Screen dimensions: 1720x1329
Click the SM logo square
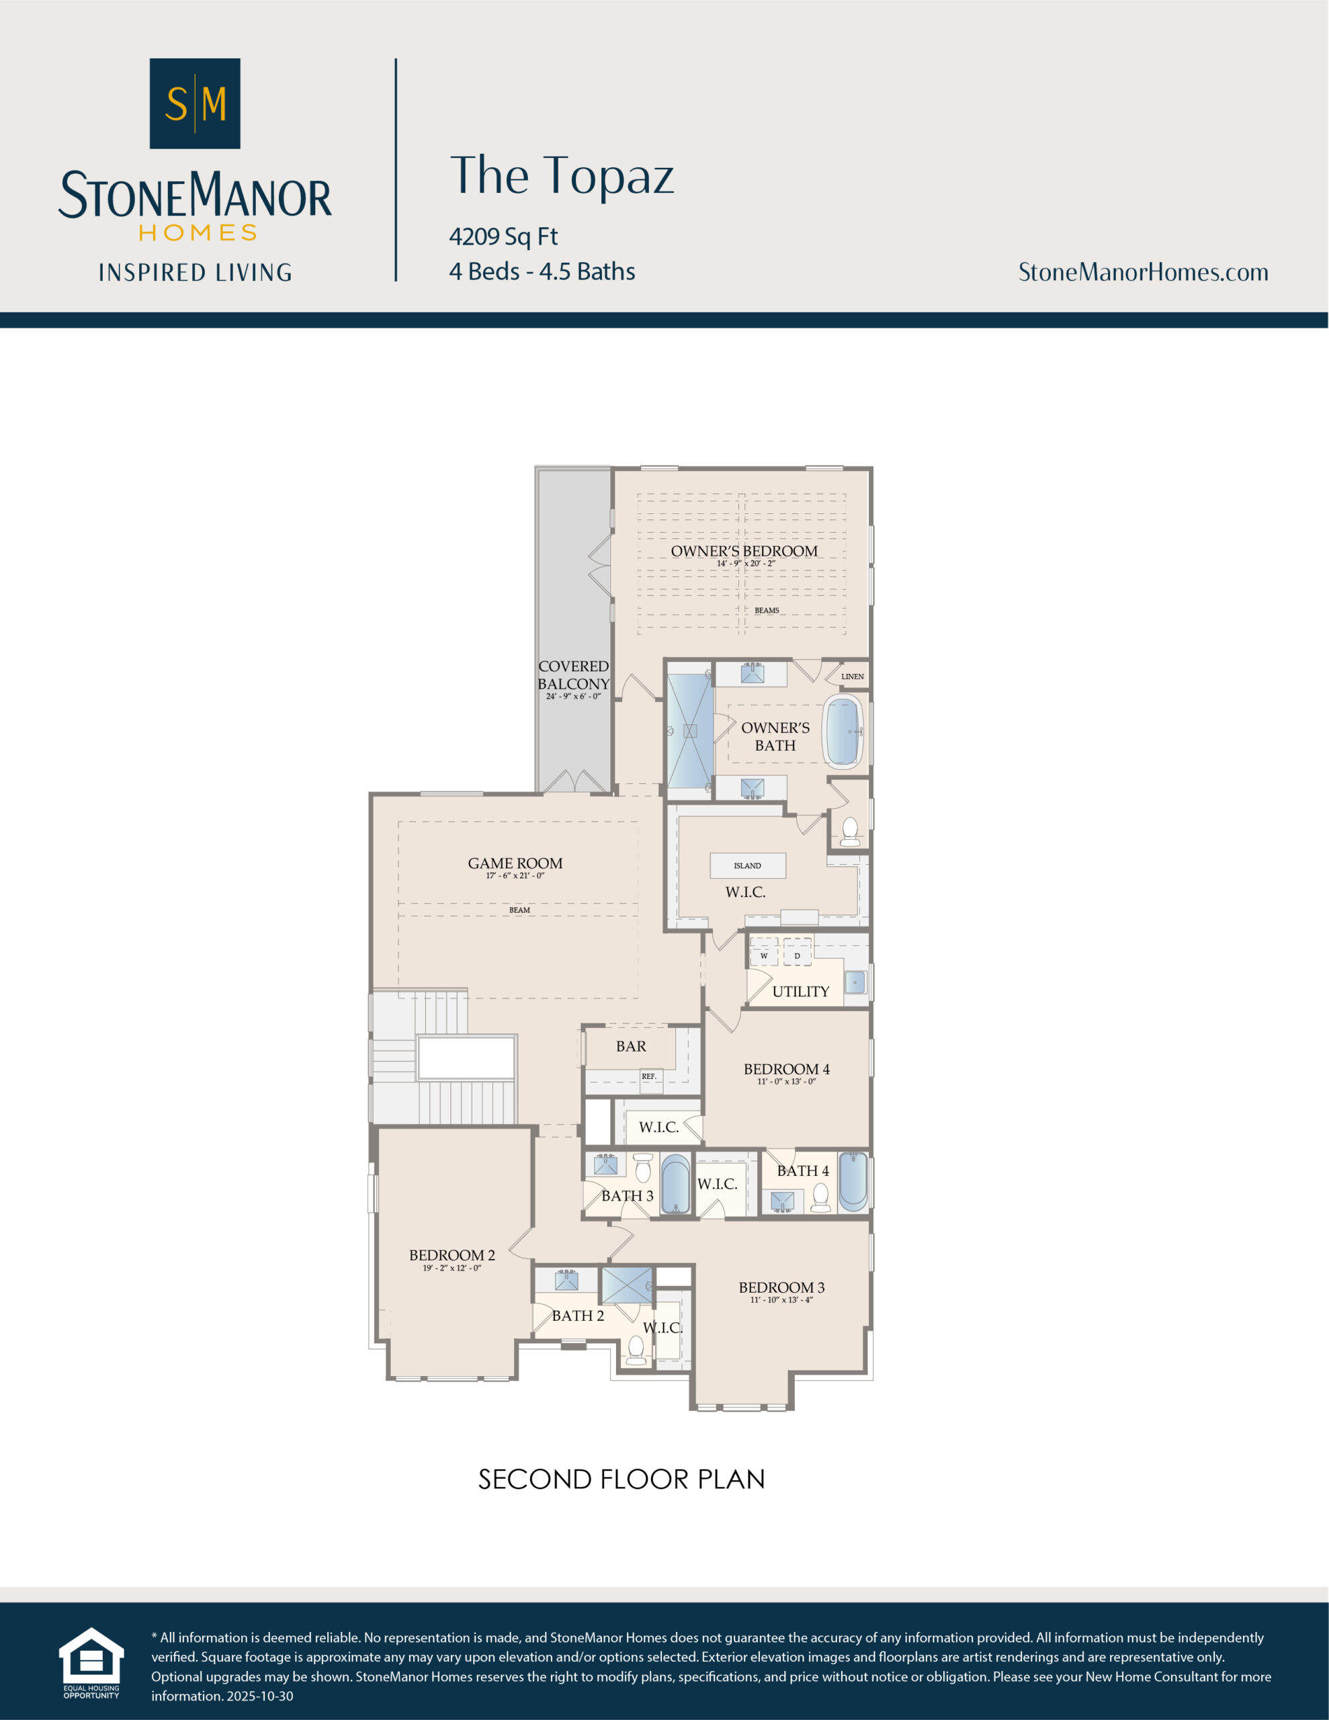(x=195, y=103)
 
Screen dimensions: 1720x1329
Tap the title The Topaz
(x=561, y=175)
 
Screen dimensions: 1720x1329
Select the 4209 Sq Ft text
(x=503, y=236)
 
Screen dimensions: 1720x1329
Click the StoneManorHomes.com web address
(x=1142, y=273)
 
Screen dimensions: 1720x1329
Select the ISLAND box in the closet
(x=747, y=865)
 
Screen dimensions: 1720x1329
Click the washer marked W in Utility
(x=763, y=955)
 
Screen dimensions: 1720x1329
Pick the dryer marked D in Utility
(x=798, y=955)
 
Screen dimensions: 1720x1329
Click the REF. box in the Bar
(x=648, y=1076)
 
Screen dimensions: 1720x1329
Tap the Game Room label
(x=515, y=863)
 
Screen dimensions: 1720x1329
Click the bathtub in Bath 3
(x=675, y=1183)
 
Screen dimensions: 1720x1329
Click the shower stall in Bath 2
(x=627, y=1285)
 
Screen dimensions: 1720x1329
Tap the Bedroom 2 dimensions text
(x=452, y=1268)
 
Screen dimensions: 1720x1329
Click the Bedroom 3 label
(x=781, y=1287)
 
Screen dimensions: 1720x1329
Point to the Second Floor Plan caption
(x=621, y=1479)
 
